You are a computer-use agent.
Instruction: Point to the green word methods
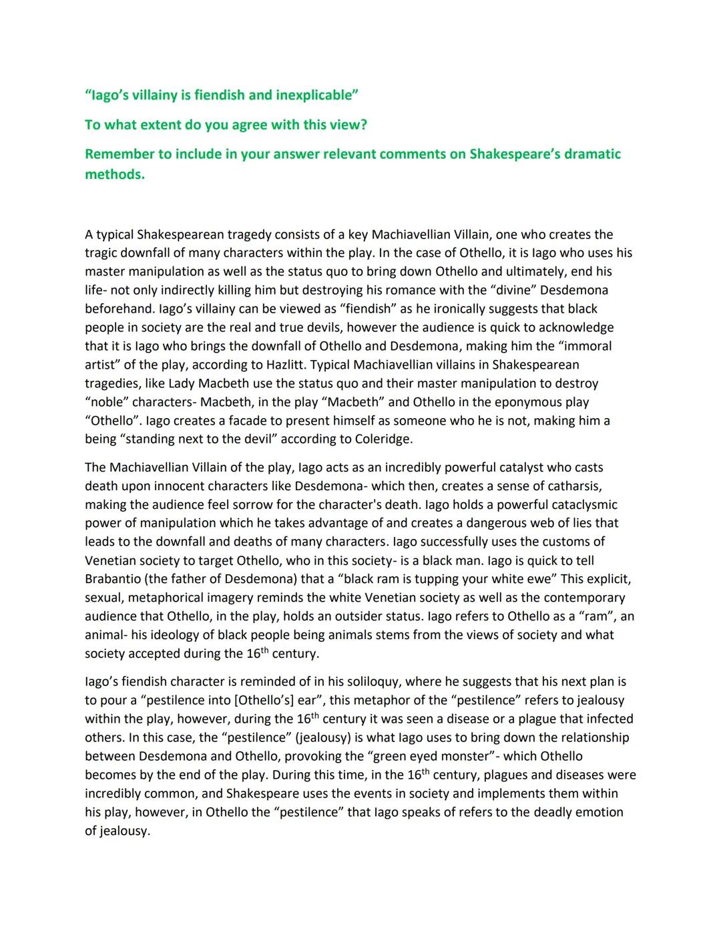(114, 174)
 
